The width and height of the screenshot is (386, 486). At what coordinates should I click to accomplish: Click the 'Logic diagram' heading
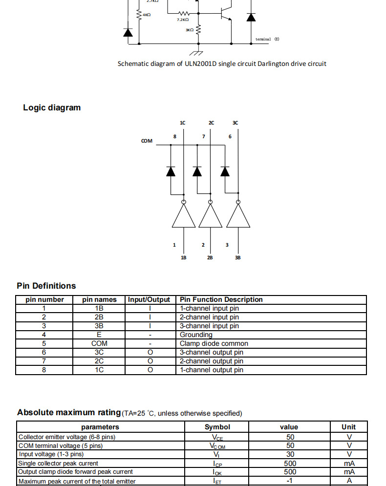coord(52,107)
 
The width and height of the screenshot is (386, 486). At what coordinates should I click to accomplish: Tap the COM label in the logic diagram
coord(147,141)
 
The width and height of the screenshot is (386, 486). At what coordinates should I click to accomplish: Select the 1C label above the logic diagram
coord(182,123)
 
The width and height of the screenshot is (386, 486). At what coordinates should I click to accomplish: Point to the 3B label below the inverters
coord(237,257)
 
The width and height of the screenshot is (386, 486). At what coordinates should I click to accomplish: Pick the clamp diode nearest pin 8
coord(171,171)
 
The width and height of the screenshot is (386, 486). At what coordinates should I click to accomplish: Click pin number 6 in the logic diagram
coord(230,136)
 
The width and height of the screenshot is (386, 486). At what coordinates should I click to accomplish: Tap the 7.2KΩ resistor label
coord(183,20)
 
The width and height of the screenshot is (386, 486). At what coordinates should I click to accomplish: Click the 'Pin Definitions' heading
coord(46,286)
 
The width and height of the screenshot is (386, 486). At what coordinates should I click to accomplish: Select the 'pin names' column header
coord(99,299)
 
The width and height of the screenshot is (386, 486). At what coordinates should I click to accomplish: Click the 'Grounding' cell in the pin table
coord(196,335)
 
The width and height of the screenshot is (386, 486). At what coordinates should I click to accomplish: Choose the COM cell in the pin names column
coord(99,343)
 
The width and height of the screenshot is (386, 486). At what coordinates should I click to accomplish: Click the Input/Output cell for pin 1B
coord(150,308)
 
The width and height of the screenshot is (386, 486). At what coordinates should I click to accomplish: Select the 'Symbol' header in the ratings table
coord(217,427)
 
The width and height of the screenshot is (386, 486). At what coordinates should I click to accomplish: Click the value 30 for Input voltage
coord(290,454)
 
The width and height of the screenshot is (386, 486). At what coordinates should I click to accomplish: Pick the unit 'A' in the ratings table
coord(349,481)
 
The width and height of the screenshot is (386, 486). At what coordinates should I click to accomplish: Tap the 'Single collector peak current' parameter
coord(58,463)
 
